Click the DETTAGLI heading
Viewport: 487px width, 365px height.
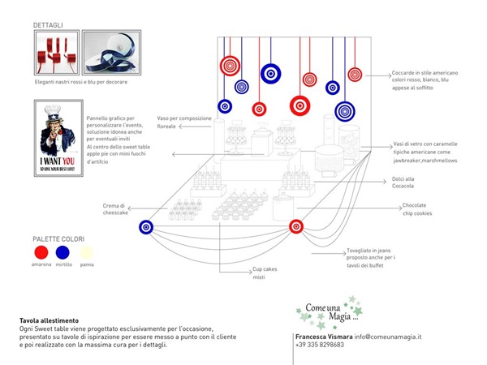(48, 26)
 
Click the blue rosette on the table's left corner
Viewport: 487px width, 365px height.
(147, 227)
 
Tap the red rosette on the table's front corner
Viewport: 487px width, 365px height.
(296, 226)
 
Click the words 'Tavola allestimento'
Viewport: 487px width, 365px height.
(50, 321)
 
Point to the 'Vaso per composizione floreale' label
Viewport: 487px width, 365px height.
(187, 123)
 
